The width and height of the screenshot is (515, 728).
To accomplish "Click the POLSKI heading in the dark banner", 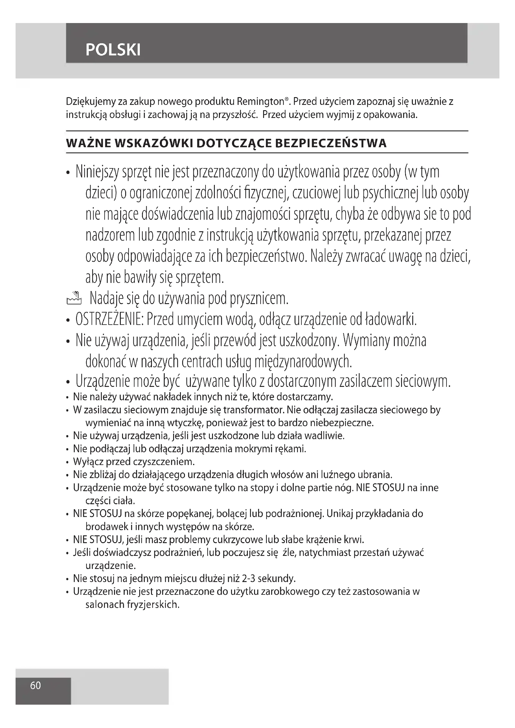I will pos(113,50).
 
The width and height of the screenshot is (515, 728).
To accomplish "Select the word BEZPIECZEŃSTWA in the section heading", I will pos(330,143).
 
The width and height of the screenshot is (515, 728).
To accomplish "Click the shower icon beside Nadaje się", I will pos(74,298).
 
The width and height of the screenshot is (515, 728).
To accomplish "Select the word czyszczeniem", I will pos(164,462).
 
